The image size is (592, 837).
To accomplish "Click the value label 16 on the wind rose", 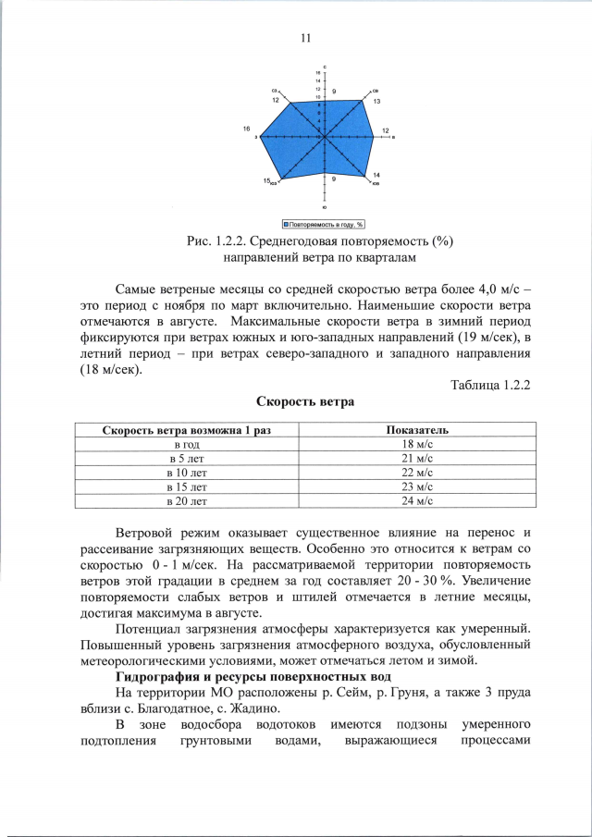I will pos(247,129).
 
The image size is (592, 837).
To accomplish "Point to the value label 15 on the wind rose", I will pos(266,180).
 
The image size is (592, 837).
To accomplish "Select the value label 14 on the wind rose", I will pos(376,175).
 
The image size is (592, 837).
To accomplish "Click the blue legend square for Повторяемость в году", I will pos(287,224).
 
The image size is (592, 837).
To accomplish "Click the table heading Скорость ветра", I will pos(304,402).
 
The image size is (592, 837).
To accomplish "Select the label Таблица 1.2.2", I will pos(488,384).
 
